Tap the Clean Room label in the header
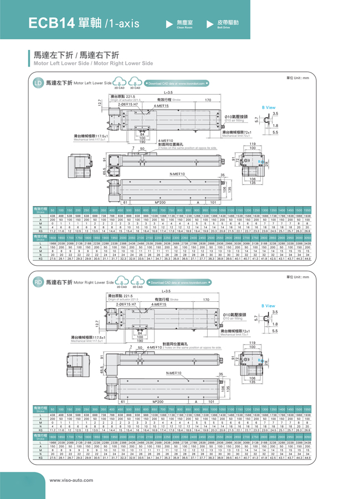184,23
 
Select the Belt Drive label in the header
227,23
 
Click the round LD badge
38,83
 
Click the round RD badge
38,282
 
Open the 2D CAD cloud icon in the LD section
119,84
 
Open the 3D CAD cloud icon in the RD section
135,283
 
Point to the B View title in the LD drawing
268,107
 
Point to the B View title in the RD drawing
268,306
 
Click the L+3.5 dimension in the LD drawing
168,92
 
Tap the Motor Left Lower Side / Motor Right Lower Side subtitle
93,64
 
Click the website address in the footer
69,480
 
